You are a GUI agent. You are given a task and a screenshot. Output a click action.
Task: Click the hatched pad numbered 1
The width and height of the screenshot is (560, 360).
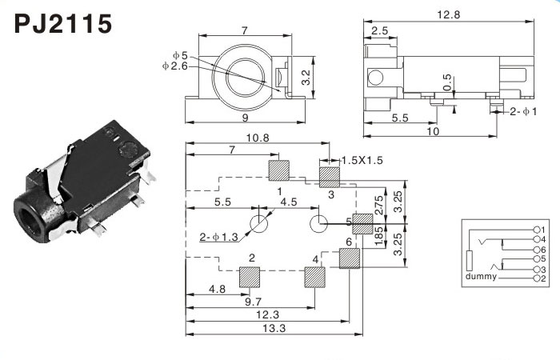tap(278, 170)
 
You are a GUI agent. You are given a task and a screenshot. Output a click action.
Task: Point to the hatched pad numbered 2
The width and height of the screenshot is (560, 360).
tap(251, 277)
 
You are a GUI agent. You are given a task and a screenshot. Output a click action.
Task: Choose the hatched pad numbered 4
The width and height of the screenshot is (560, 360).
tap(314, 277)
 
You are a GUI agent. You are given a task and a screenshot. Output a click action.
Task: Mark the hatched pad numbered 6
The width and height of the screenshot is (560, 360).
tap(349, 258)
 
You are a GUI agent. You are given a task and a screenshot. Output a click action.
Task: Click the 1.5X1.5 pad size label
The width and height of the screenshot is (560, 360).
tap(363, 160)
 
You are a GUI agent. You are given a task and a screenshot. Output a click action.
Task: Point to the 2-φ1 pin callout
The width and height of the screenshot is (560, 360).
tap(524, 113)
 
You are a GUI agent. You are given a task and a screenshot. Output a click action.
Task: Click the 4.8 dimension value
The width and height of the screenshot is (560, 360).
tap(215, 288)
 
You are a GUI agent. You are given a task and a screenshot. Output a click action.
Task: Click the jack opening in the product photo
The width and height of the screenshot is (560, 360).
tap(30, 216)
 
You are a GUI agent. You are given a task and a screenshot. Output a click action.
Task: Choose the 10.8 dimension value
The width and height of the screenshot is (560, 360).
tap(258, 138)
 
